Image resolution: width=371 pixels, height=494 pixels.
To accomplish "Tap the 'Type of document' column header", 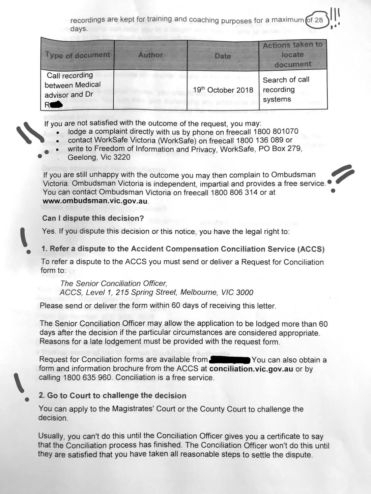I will (78, 55).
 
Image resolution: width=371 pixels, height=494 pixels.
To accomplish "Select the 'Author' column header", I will (150, 55).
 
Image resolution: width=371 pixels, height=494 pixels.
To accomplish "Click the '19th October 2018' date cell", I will (223, 90).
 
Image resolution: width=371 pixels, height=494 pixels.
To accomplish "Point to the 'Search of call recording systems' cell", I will (286, 90).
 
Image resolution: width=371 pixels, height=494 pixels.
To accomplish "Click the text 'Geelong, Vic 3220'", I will (99, 157).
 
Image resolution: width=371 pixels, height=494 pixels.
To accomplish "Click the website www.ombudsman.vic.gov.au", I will (95, 201).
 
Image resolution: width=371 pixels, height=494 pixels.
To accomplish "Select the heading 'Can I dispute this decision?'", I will (93, 218).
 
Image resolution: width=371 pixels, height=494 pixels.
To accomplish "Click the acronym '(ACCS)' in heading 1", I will (311, 249).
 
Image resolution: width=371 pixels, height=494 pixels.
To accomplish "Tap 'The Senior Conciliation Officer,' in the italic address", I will (114, 284).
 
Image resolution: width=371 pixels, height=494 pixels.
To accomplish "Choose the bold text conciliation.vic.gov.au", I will (251, 369).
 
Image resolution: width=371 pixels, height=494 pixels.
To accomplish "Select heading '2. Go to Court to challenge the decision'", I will (113, 395).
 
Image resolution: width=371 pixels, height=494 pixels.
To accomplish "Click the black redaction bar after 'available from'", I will (230, 360).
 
